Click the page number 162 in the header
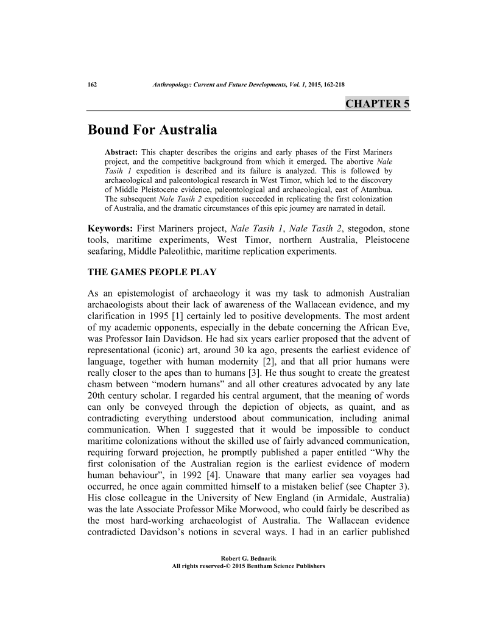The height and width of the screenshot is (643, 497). pos(93,83)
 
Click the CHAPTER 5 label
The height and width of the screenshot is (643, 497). pos(377,103)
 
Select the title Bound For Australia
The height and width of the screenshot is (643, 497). pos(152,130)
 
